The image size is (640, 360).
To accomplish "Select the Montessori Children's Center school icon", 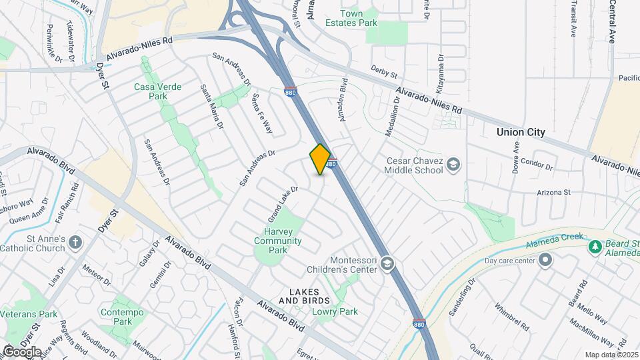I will pyautogui.click(x=387, y=265).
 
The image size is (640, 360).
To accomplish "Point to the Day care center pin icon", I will pyautogui.click(x=547, y=260).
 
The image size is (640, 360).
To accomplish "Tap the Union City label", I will pyautogui.click(x=520, y=132).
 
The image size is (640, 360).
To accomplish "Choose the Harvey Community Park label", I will pyautogui.click(x=279, y=241).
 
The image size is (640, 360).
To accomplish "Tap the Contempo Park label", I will pyautogui.click(x=117, y=317).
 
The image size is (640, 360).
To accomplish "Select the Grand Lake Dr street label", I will pyautogui.click(x=282, y=203).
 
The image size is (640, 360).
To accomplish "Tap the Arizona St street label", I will pyautogui.click(x=554, y=193).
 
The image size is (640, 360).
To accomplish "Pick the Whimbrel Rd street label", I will pyautogui.click(x=511, y=317).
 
